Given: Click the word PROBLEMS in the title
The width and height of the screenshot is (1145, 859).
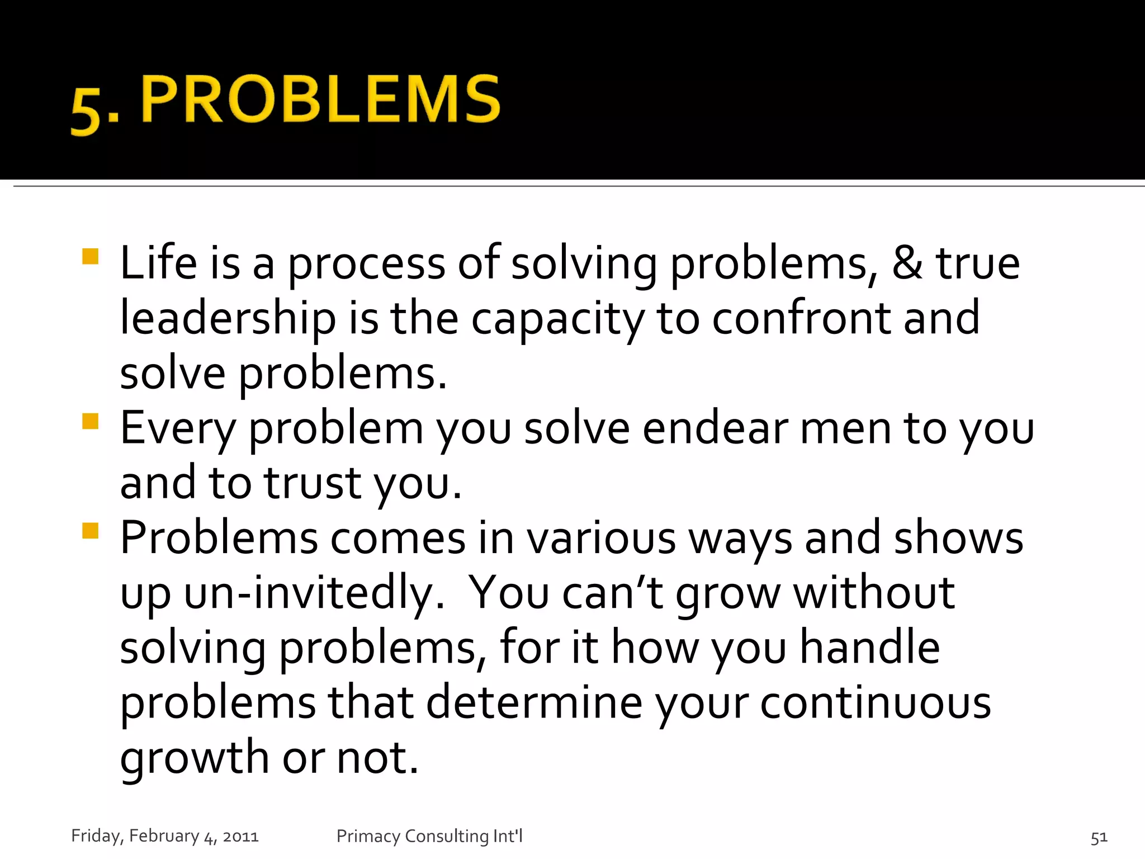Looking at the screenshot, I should tap(321, 100).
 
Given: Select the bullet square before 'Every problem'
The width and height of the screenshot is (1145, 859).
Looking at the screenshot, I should tap(90, 421).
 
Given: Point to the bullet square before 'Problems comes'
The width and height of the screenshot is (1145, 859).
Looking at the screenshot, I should tap(90, 530).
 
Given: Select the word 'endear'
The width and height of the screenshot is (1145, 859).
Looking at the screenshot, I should tap(715, 428).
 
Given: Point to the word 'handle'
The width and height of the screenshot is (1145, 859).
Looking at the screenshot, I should tap(870, 646).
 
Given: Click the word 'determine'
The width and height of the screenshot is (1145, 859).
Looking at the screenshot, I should tap(534, 702).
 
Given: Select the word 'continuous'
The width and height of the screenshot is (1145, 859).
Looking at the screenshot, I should tap(876, 702).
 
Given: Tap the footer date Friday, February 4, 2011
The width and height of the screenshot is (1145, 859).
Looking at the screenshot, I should tap(165, 836).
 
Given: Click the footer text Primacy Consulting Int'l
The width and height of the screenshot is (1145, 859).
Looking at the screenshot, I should tap(429, 836).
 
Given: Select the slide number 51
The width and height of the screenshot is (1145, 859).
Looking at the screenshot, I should tap(1099, 837).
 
